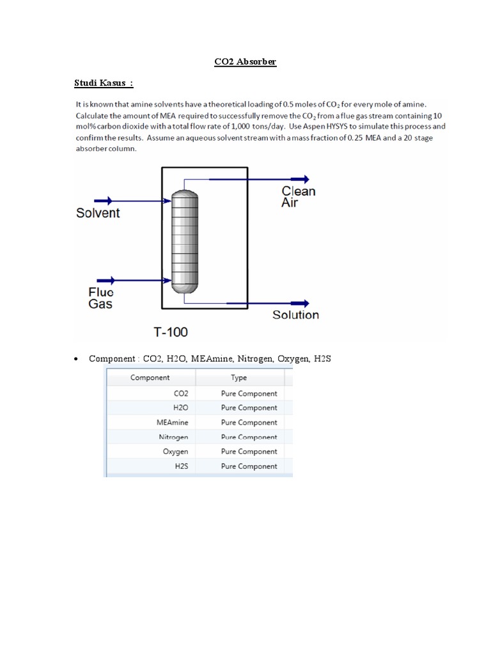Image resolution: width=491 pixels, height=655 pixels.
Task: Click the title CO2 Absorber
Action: pos(245,62)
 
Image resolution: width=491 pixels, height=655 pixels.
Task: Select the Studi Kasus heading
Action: pos(104,83)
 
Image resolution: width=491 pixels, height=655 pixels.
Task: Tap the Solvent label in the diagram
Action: pos(98,213)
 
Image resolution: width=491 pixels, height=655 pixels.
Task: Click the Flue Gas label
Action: pos(100,297)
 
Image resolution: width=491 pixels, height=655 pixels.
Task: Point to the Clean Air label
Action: pos(298,196)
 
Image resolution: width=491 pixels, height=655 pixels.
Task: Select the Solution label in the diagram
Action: pos(295,315)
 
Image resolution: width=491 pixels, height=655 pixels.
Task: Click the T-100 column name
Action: pos(170,332)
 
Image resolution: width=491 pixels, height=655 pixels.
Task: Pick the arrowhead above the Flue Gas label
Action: pos(109,280)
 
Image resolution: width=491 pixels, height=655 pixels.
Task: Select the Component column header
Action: pos(150,377)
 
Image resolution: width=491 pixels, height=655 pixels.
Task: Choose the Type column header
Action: pos(238,377)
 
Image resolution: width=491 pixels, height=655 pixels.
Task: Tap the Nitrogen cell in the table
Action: pos(173,437)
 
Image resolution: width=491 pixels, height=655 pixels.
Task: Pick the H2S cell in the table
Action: pos(181,466)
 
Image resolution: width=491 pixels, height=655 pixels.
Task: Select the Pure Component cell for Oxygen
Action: pos(249,452)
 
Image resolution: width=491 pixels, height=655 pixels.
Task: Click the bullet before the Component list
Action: pos(75,359)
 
